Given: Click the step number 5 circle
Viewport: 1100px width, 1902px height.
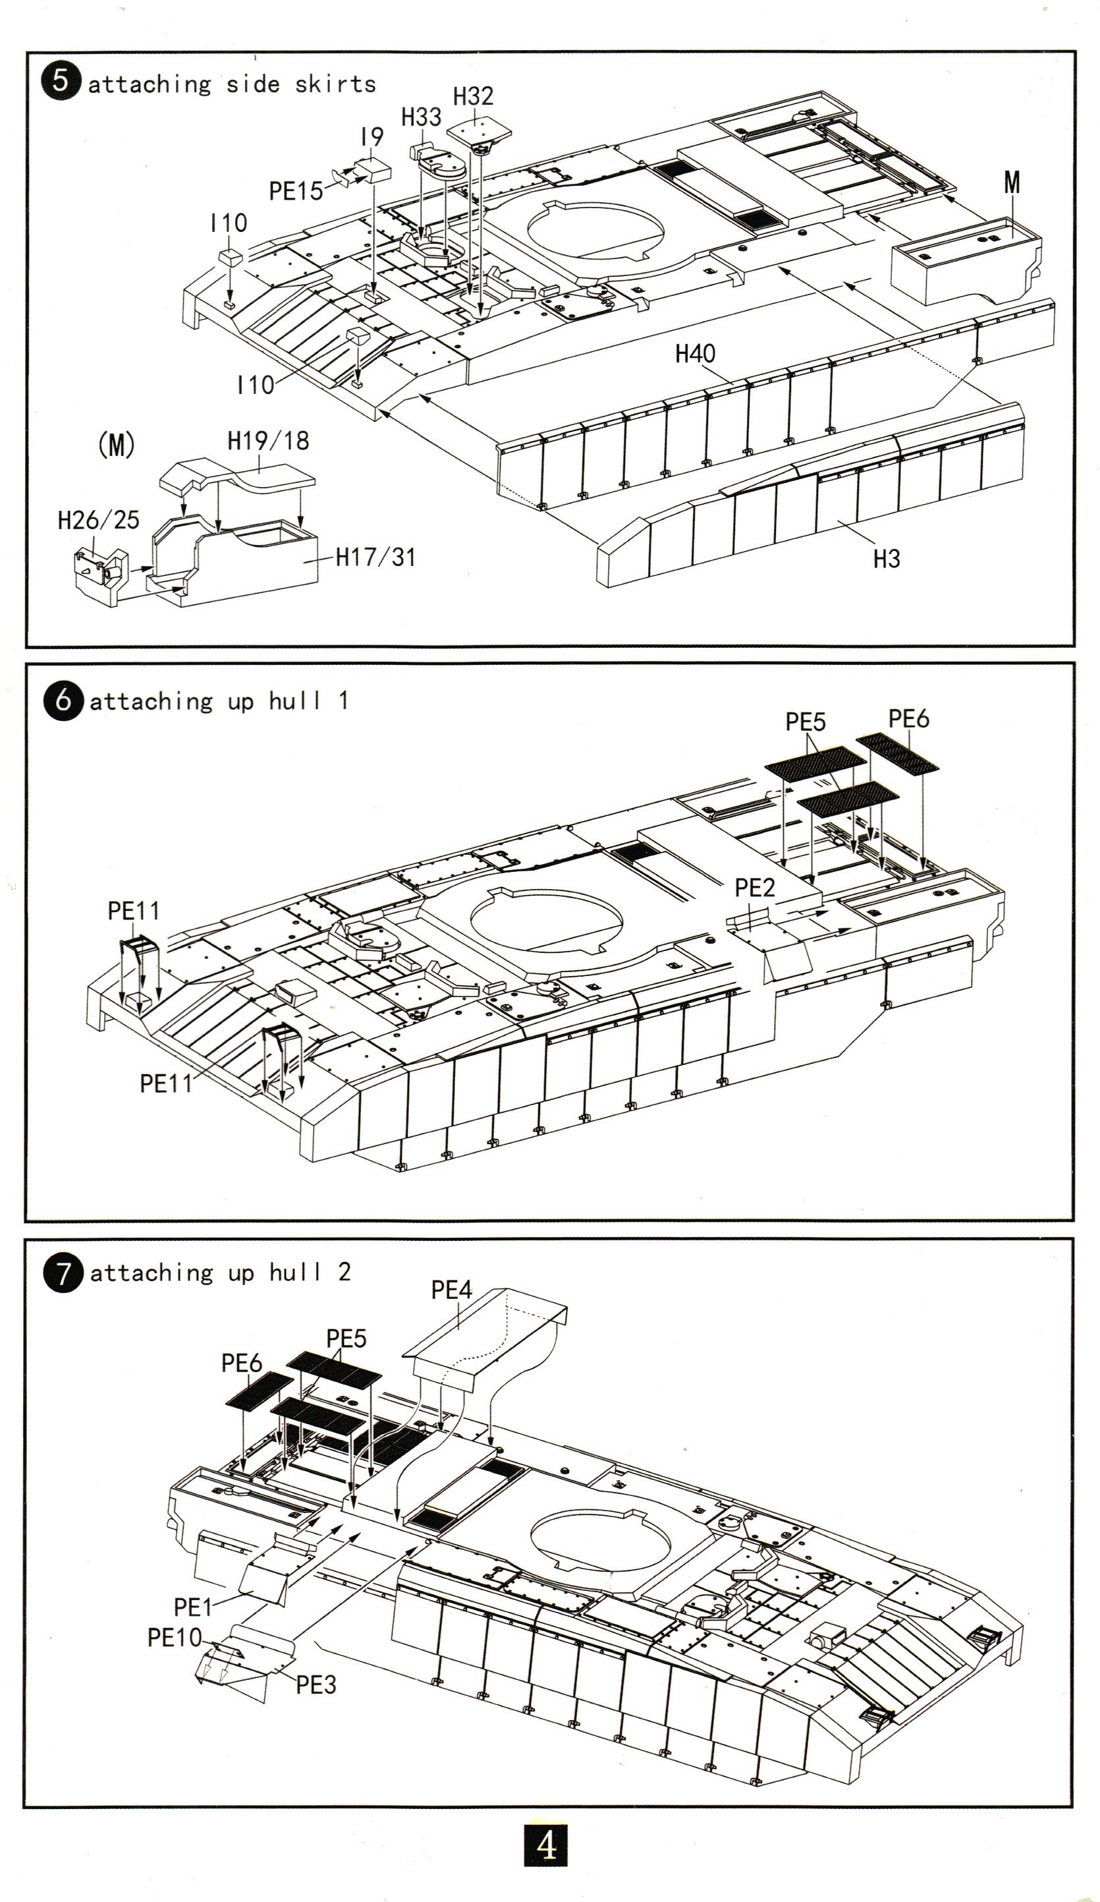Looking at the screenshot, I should click(61, 82).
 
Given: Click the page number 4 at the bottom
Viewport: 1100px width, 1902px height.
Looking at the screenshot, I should click(545, 1846).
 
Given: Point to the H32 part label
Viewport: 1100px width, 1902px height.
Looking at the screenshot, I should click(473, 97).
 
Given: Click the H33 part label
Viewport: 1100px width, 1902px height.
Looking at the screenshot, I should click(421, 118).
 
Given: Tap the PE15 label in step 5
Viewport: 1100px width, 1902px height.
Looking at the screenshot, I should click(296, 192).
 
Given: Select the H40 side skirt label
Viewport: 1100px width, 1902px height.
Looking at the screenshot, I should click(695, 353).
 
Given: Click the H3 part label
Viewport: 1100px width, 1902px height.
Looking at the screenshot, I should click(887, 560).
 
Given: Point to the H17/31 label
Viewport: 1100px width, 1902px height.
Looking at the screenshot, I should click(375, 557).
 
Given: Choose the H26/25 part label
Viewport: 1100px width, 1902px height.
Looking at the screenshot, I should click(99, 519).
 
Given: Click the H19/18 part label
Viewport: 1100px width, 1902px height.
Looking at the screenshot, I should click(269, 441).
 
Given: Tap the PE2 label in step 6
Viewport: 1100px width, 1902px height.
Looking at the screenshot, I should click(754, 888).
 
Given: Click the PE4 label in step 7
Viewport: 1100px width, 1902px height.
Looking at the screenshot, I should click(451, 1290).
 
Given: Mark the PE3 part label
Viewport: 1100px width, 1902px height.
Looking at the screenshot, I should click(316, 1684).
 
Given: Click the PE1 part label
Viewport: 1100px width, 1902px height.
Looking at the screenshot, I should click(193, 1607).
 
